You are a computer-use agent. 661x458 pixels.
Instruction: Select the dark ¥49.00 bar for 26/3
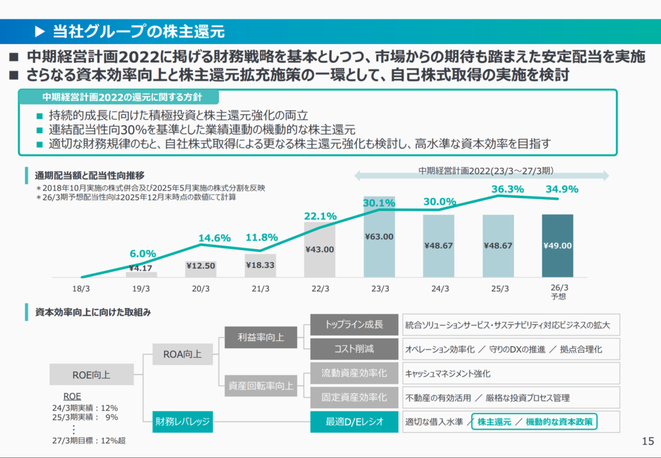558,245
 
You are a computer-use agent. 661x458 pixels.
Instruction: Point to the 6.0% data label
143,253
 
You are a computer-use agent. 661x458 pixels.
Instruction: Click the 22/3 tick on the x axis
320,288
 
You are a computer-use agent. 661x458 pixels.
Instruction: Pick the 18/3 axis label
81,288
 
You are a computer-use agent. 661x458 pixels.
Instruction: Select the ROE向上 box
92,374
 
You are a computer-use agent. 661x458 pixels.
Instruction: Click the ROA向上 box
183,354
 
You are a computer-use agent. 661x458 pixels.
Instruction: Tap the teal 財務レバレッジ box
183,422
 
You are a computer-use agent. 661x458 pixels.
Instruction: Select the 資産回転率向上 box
261,386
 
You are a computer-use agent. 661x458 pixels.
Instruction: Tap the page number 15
647,442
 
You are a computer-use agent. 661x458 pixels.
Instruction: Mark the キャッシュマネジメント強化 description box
510,373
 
